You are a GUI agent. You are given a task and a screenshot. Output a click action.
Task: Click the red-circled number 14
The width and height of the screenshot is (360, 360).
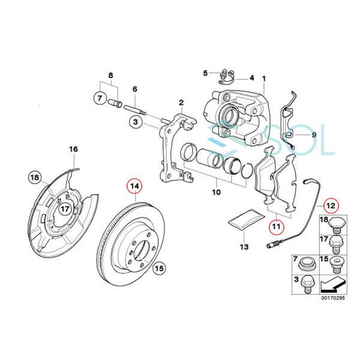point(136,187)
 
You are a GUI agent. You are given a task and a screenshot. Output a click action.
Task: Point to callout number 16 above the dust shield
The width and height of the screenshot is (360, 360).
point(73,149)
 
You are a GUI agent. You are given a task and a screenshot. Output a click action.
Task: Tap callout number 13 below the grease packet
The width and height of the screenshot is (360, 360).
point(243,247)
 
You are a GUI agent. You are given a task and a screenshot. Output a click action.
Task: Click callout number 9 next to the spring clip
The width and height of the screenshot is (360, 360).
point(313,135)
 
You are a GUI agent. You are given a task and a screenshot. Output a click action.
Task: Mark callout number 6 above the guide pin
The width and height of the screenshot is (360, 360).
point(134,89)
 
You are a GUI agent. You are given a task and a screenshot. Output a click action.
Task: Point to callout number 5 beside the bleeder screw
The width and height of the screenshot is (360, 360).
point(205,73)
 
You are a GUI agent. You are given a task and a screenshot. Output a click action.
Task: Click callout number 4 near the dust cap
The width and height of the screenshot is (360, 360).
point(252,78)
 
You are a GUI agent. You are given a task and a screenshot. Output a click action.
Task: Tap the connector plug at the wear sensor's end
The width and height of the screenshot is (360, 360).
point(273,245)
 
